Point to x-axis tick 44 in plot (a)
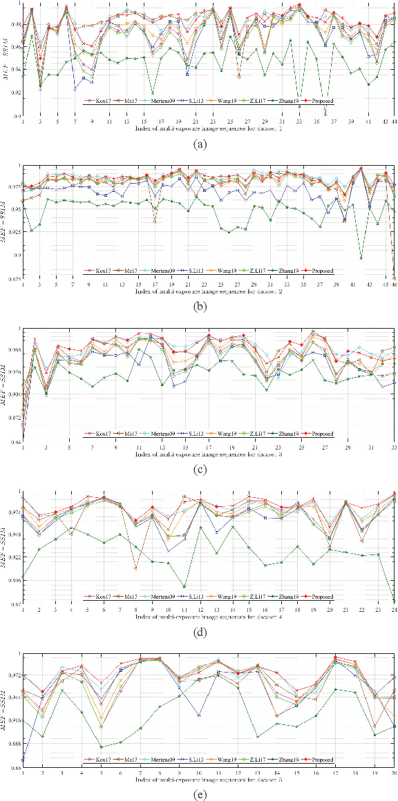coord(394,122)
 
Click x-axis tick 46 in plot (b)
coord(394,284)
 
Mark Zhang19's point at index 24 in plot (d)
coord(394,601)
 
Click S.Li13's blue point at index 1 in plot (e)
coord(23,760)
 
